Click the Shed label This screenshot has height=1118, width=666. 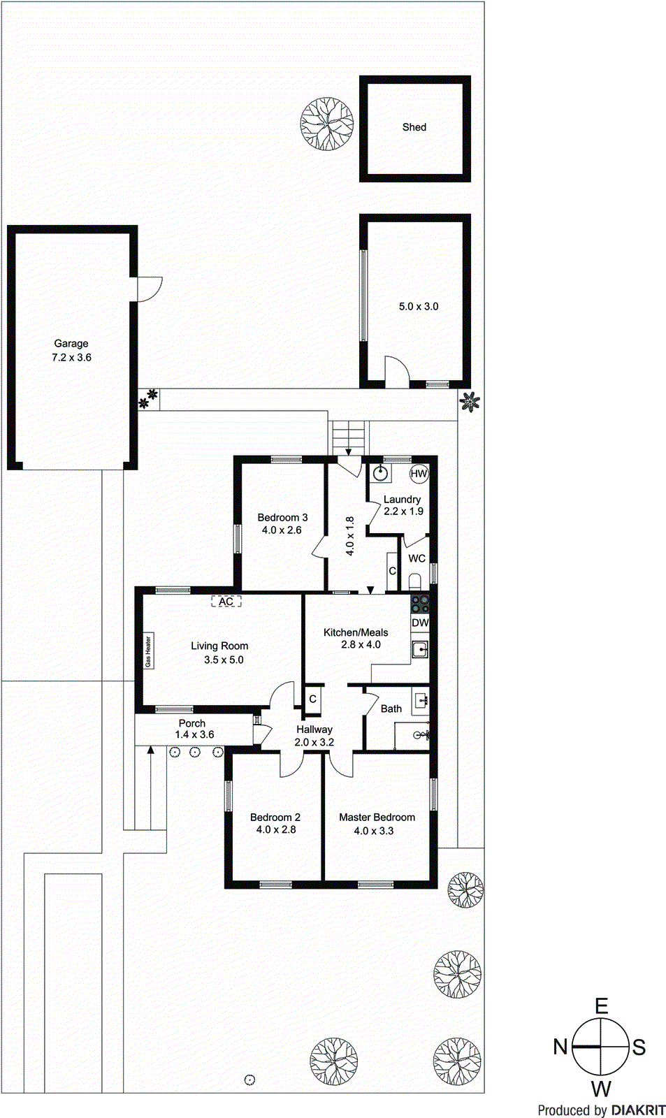[x=414, y=127]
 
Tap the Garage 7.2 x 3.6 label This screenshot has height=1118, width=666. [x=71, y=350]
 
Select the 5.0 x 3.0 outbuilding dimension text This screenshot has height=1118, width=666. [x=419, y=306]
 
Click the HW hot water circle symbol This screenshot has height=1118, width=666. [x=419, y=474]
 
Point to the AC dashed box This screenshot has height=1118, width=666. [x=226, y=601]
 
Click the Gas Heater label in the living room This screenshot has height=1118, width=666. [x=148, y=651]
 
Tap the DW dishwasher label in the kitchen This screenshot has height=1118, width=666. [x=420, y=623]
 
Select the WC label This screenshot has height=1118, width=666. [x=417, y=558]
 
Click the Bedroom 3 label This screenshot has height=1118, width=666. [x=282, y=523]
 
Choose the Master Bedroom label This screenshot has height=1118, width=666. [x=377, y=824]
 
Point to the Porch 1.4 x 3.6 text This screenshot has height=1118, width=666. [x=193, y=729]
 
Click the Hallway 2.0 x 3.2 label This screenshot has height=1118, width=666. [x=314, y=736]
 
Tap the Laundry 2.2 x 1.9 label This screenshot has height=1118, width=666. [x=403, y=505]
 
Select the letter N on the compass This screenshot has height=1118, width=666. [x=560, y=1047]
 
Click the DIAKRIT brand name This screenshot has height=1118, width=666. [x=638, y=1110]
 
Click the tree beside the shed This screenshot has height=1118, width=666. [x=326, y=123]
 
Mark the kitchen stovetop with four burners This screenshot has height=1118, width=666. [x=420, y=603]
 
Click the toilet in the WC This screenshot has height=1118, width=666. [x=415, y=582]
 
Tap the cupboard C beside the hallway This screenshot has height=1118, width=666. [x=313, y=699]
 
